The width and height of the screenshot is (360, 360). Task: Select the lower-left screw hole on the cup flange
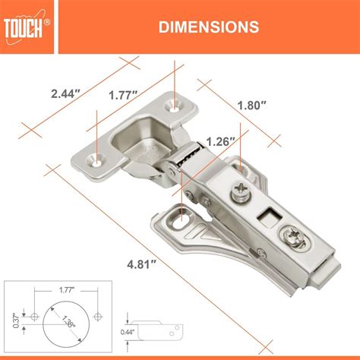[x=96, y=159]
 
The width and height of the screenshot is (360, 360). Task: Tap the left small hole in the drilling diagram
[x=33, y=313]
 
